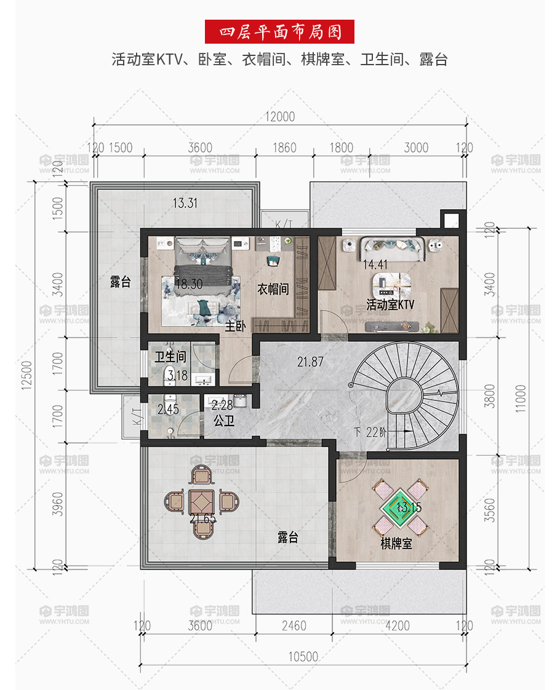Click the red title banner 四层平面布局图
(x=279, y=32)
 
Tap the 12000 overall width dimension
(x=280, y=117)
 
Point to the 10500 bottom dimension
(x=303, y=657)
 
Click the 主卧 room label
(x=236, y=326)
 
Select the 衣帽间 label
(x=273, y=289)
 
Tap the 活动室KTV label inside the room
(x=391, y=304)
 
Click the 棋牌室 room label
(x=396, y=544)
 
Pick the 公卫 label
(x=224, y=421)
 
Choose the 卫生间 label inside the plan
(x=170, y=357)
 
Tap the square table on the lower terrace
(x=202, y=502)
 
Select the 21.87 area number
(x=310, y=362)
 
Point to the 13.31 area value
(x=185, y=204)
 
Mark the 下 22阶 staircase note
(x=370, y=432)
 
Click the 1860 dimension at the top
(x=284, y=148)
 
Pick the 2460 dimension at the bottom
(x=294, y=625)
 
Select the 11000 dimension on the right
(x=521, y=399)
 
